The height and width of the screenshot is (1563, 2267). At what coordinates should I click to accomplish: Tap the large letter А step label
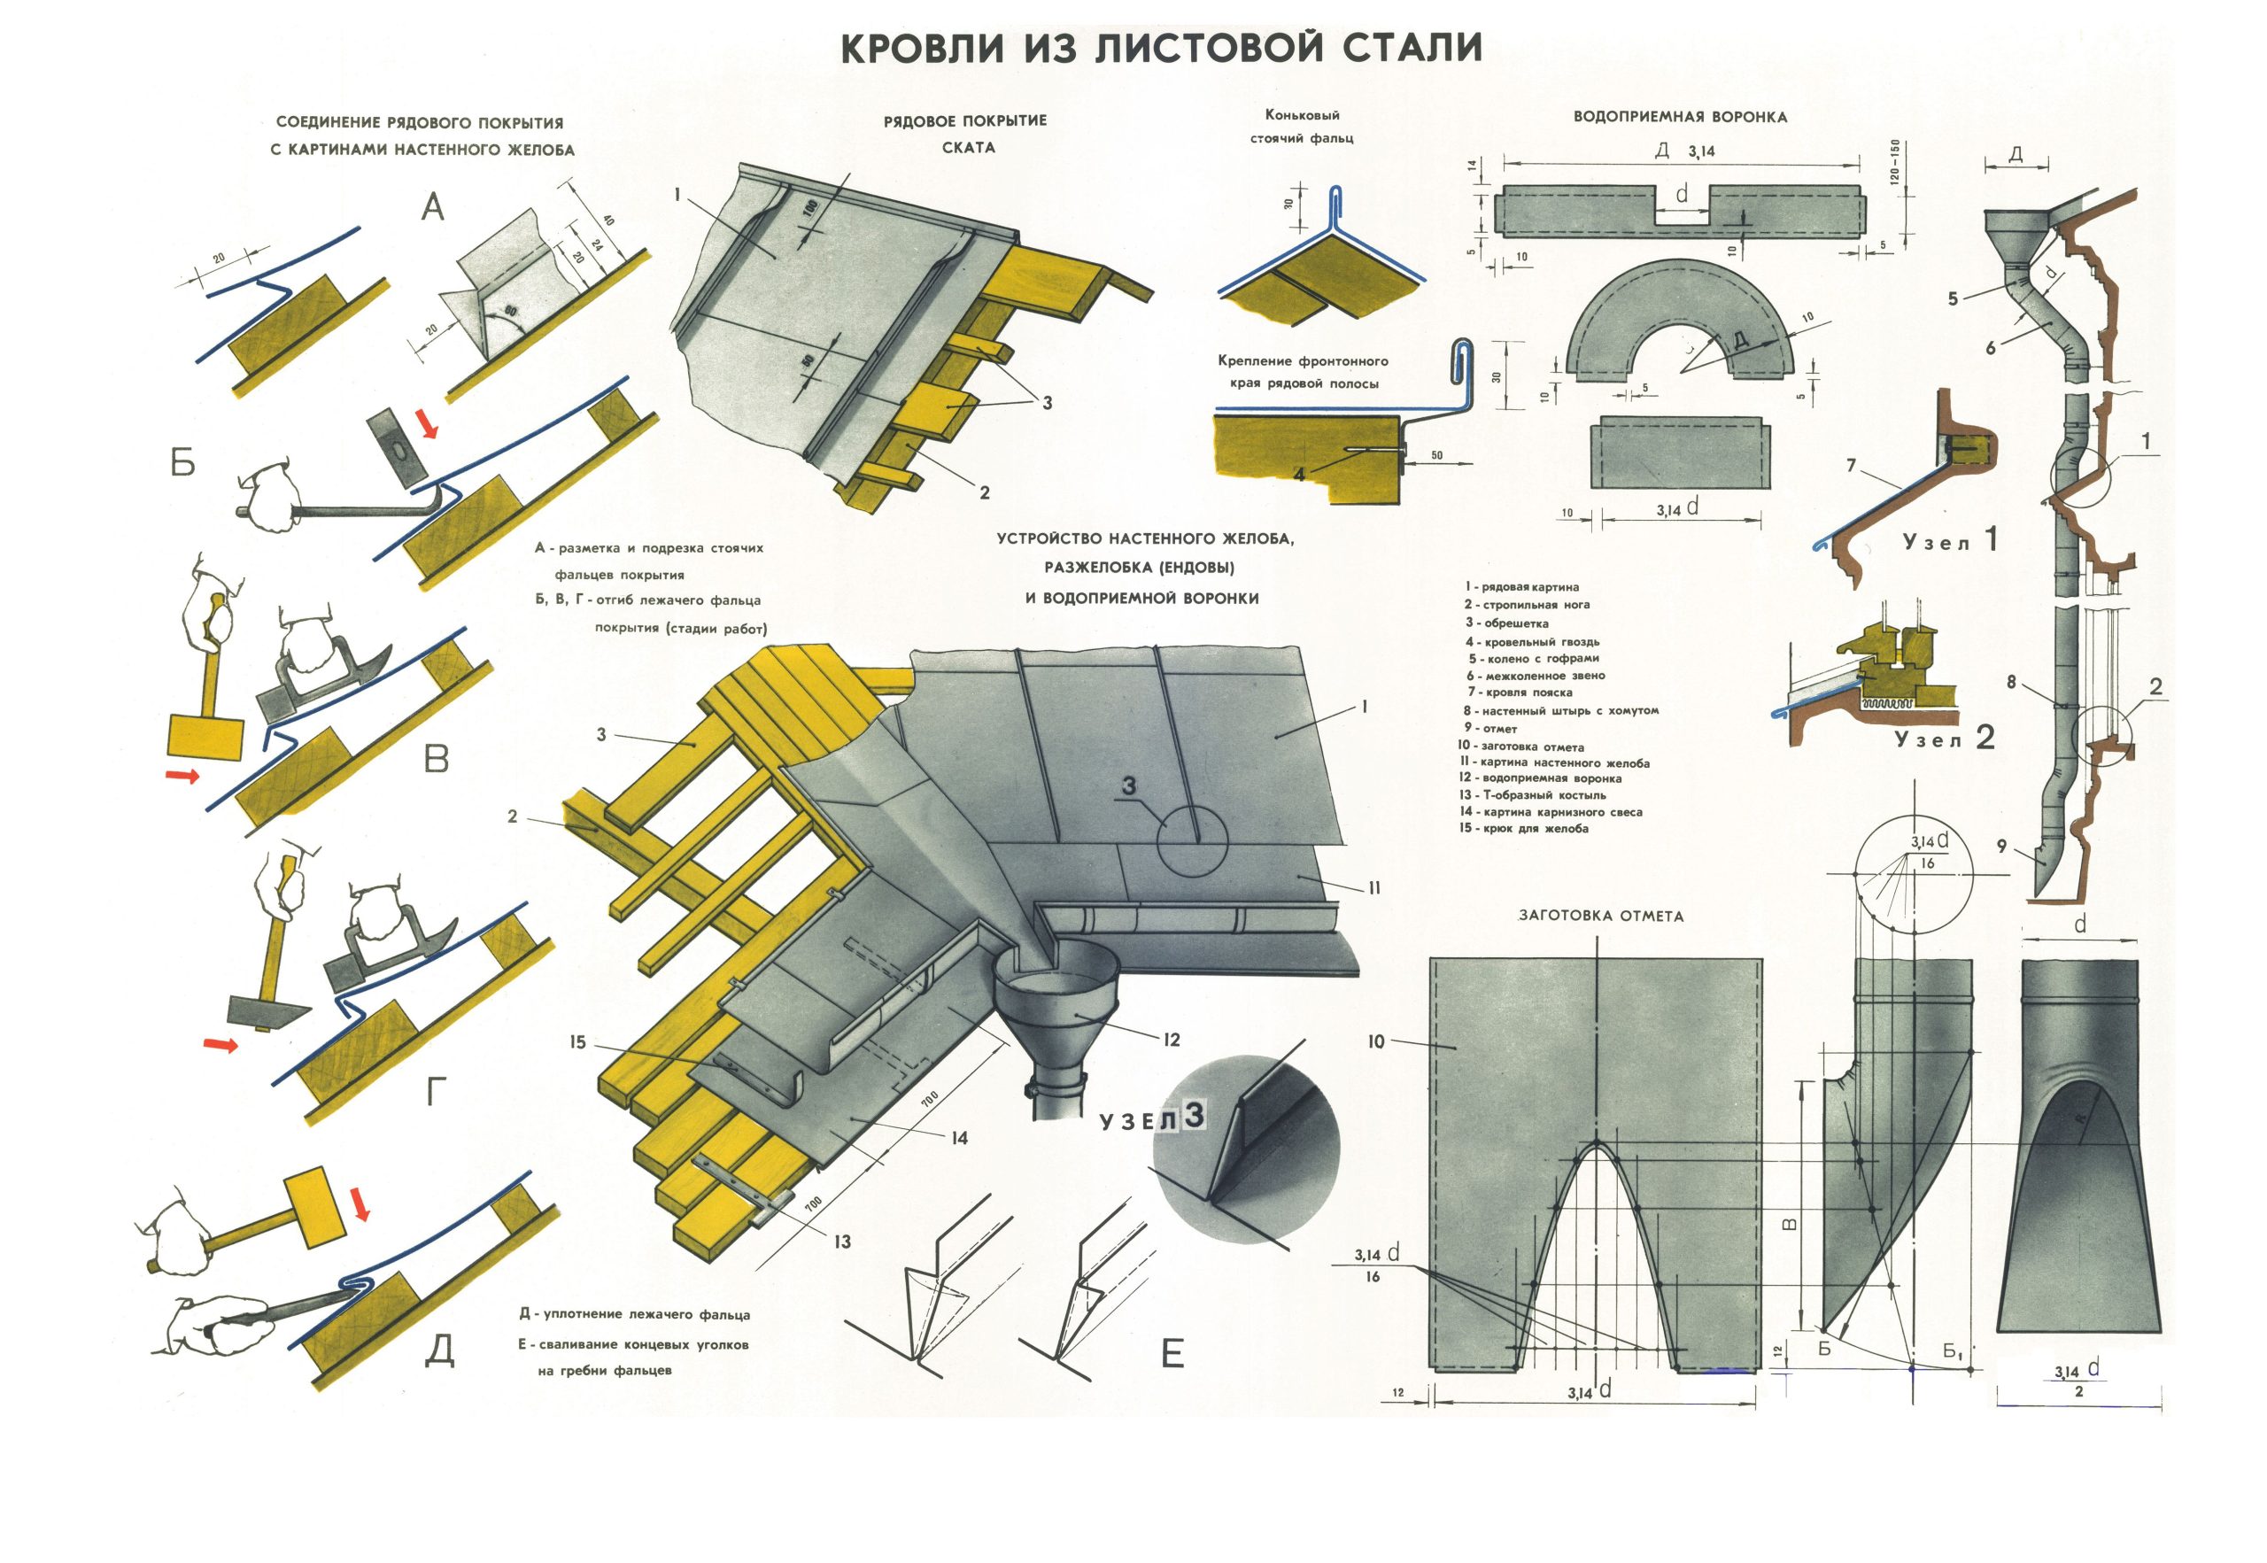(432, 206)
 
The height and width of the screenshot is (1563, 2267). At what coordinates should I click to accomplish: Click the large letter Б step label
(183, 461)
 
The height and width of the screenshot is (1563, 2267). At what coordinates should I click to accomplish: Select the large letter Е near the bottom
(1172, 1354)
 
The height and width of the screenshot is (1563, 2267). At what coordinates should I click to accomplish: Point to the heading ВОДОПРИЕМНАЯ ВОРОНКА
(1680, 118)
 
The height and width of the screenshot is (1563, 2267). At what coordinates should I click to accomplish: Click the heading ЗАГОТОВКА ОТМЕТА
(1600, 916)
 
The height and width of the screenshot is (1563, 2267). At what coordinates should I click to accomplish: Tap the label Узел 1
(1949, 540)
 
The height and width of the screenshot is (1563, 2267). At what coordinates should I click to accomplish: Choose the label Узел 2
(1944, 738)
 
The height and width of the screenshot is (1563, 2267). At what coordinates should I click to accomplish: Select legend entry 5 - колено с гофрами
(1534, 658)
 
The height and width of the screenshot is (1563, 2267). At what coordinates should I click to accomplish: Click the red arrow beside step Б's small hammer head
(426, 424)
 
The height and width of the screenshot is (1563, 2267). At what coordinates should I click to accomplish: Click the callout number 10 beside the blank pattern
(1376, 1042)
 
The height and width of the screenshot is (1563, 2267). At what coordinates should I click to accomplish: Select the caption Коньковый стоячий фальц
(1302, 128)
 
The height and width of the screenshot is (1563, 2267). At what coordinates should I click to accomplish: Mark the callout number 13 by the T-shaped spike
(842, 1242)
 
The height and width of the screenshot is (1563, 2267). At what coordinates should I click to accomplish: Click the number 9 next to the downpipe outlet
(2001, 846)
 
